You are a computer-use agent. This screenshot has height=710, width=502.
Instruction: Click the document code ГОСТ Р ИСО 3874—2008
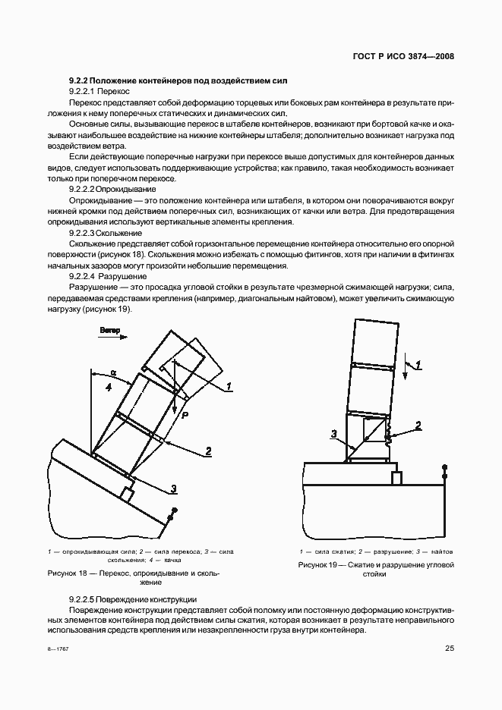tap(410, 57)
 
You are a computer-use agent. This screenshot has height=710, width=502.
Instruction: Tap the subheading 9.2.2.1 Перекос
tap(99, 90)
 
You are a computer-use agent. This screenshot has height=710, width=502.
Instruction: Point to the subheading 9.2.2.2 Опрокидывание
tap(112, 188)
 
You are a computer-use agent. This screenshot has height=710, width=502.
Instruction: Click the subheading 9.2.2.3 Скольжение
tap(106, 235)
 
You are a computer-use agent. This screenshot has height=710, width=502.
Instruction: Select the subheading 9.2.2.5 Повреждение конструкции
tap(132, 598)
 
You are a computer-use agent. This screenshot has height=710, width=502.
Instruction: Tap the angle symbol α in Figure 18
tap(113, 372)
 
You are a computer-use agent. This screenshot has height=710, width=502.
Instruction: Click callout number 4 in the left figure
tap(109, 387)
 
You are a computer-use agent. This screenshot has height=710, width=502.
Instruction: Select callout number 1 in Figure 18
tap(229, 386)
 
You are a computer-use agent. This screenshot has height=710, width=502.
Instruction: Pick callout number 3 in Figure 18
tap(173, 488)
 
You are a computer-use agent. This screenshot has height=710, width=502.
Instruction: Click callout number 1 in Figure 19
tap(418, 366)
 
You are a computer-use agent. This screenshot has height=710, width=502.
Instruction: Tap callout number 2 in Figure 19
tap(418, 425)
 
